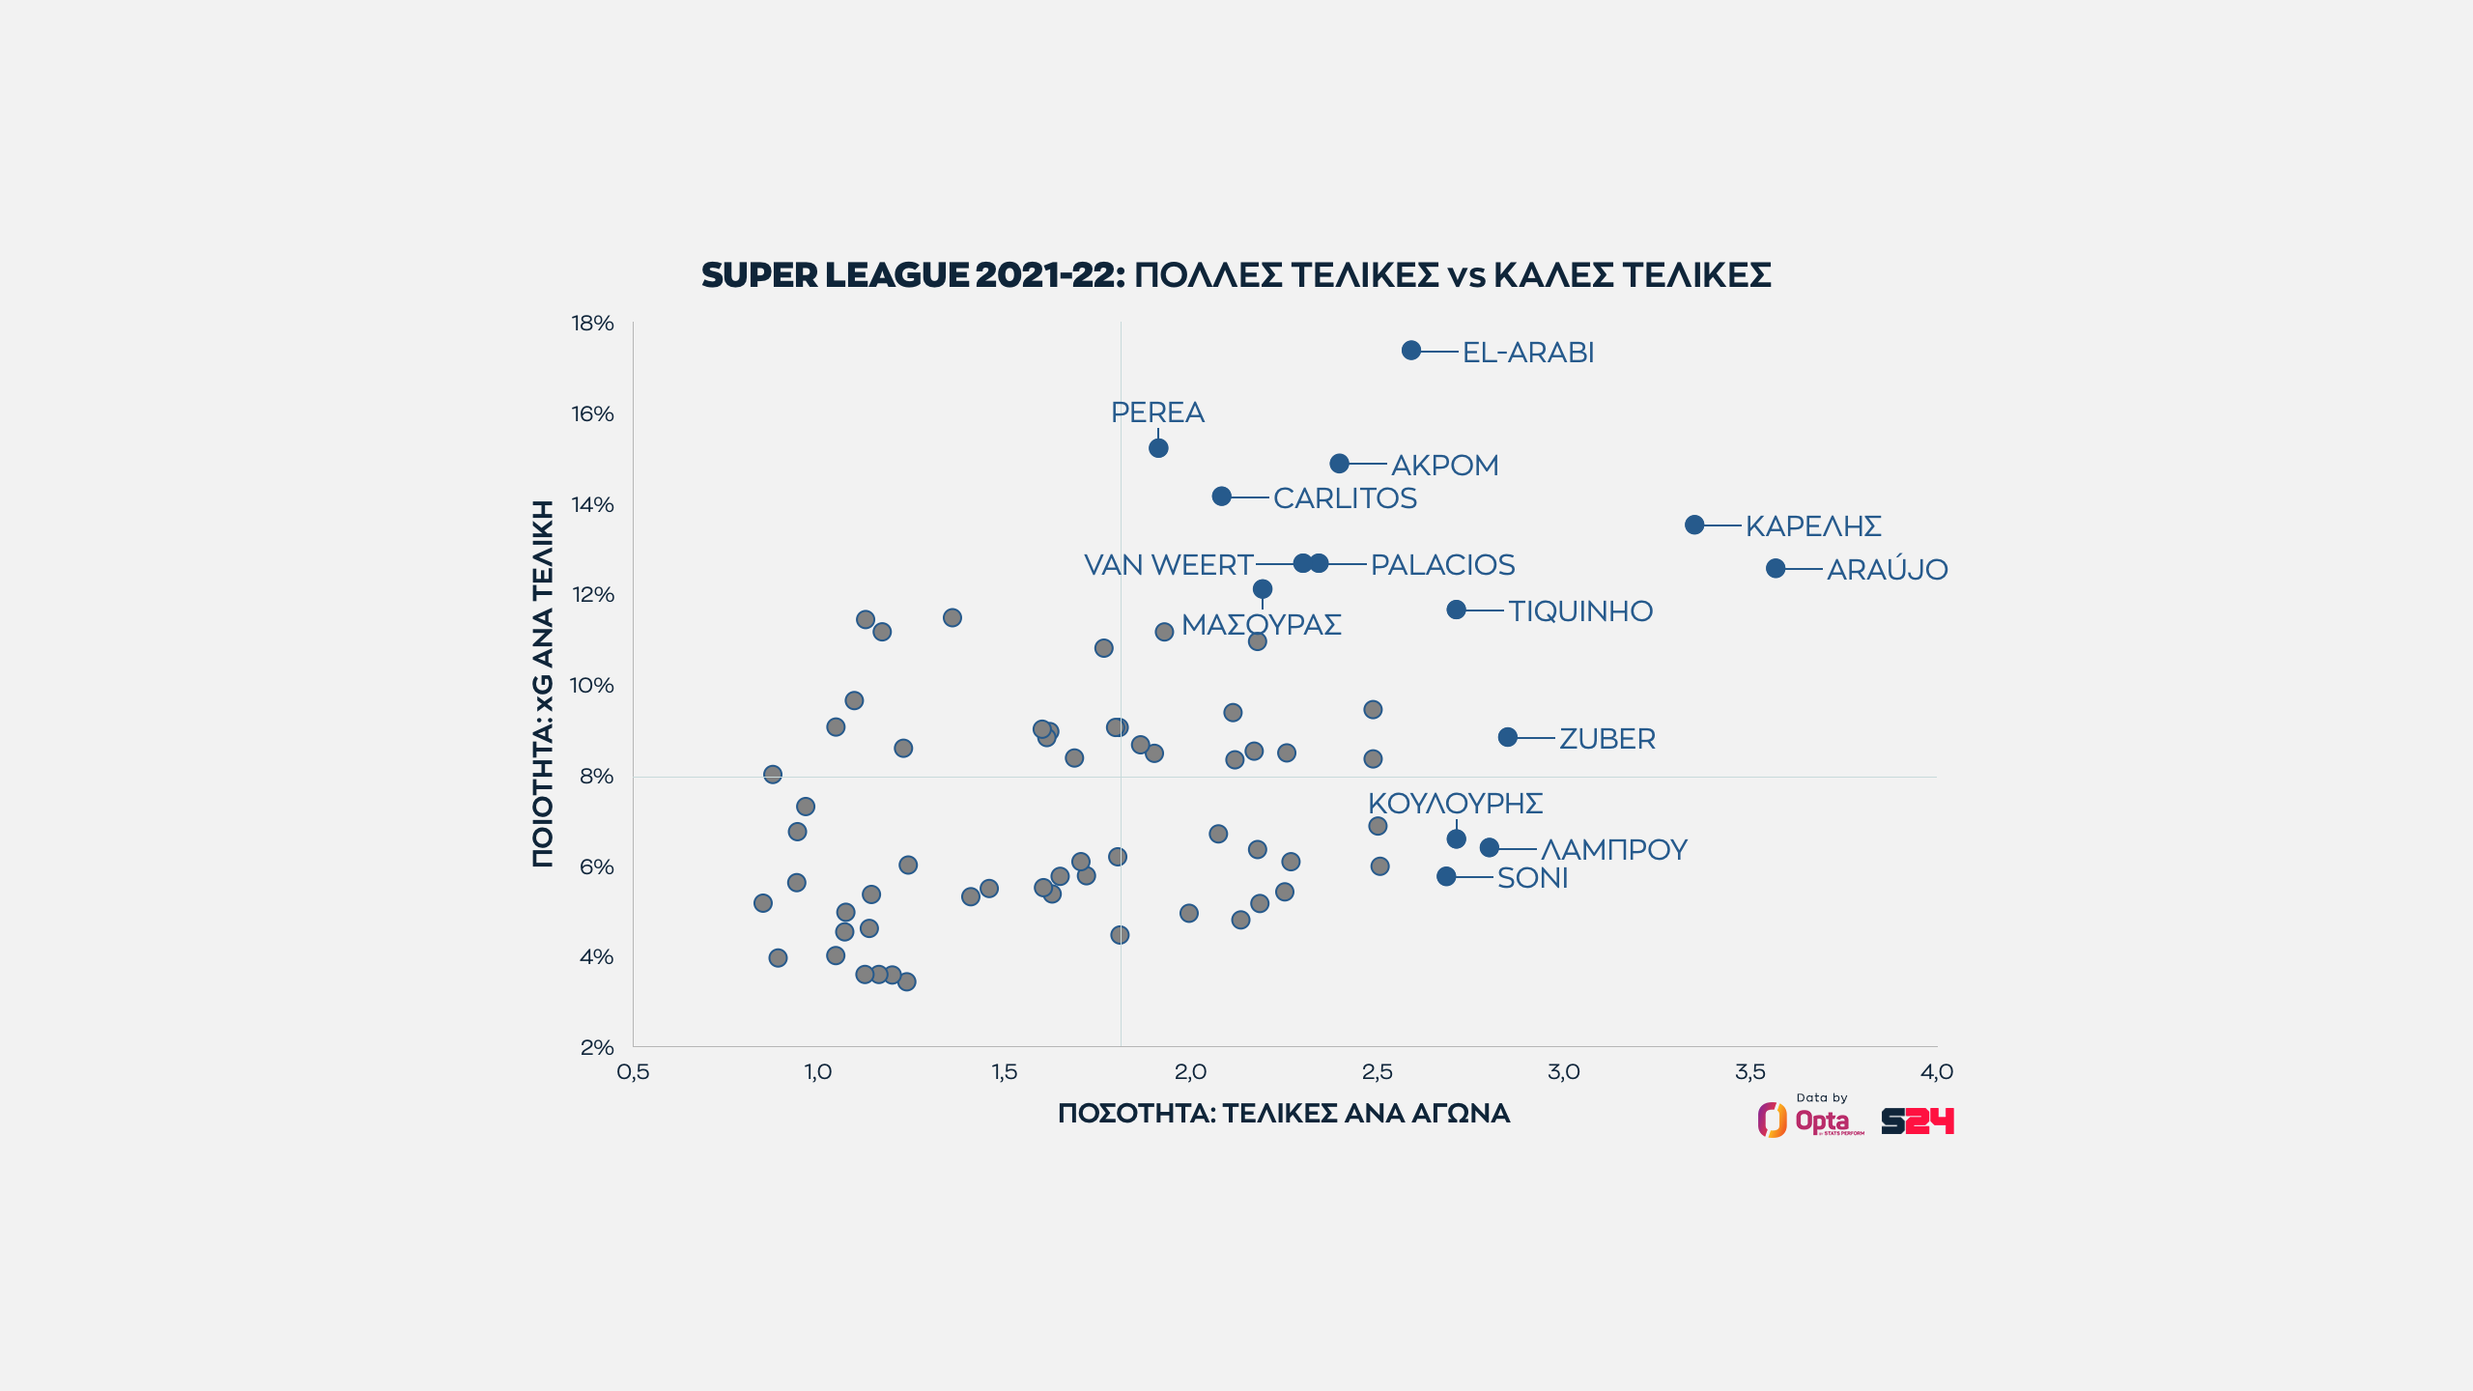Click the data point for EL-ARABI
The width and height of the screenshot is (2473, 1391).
click(x=1411, y=350)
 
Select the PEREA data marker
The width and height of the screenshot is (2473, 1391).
click(x=1158, y=448)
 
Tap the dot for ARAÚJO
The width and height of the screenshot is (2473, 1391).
click(x=1776, y=569)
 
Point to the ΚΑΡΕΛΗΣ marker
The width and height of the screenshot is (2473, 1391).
click(x=1694, y=525)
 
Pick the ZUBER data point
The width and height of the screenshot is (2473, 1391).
click(x=1508, y=737)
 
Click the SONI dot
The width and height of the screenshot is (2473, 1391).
click(x=1446, y=876)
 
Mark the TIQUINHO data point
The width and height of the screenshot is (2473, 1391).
click(x=1456, y=610)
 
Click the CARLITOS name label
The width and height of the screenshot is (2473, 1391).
click(x=1345, y=498)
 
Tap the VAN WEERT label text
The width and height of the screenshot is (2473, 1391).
click(x=1168, y=565)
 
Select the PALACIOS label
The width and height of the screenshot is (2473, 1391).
click(x=1442, y=565)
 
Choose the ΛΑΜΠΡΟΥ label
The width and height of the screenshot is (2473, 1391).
click(x=1613, y=850)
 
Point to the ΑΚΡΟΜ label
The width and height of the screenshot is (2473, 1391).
click(x=1444, y=466)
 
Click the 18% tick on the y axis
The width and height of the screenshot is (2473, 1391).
click(x=592, y=324)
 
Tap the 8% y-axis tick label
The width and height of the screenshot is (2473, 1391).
click(x=596, y=776)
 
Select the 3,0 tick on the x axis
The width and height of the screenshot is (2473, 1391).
click(x=1563, y=1072)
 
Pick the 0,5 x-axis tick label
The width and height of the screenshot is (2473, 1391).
click(x=633, y=1072)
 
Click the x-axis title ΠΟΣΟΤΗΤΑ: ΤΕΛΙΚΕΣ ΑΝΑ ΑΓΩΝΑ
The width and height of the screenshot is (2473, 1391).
click(x=1284, y=1114)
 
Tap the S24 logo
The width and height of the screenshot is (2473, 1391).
click(x=1917, y=1121)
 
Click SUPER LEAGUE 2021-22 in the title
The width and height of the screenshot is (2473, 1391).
click(x=913, y=275)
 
